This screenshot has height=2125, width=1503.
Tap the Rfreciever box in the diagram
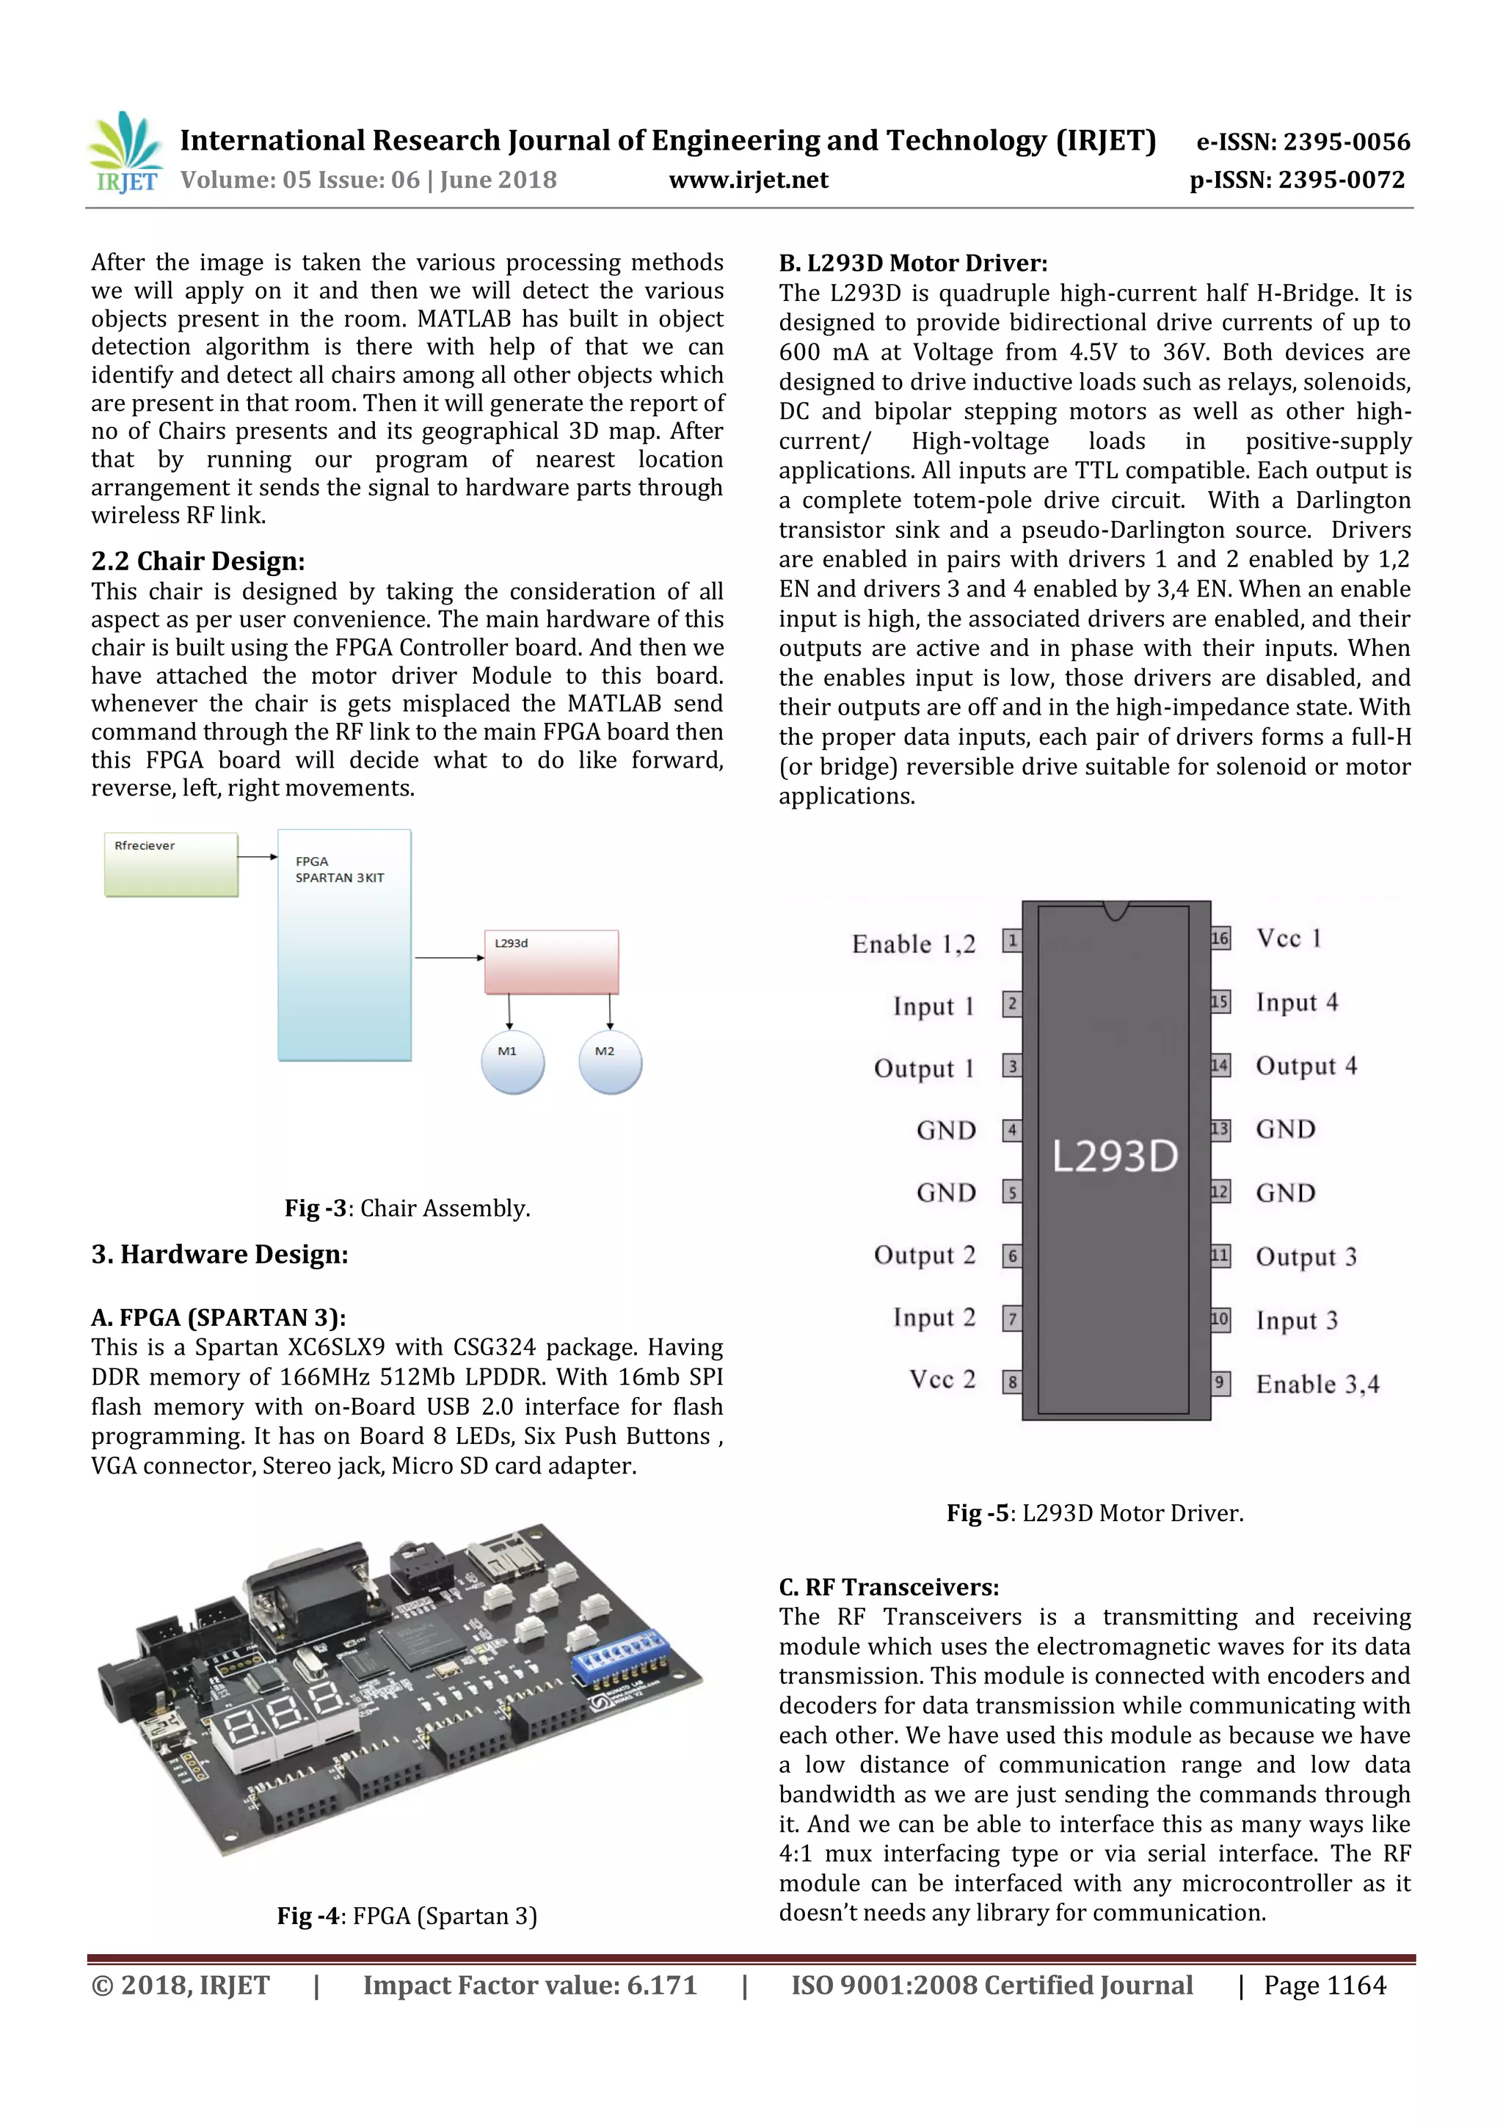(171, 864)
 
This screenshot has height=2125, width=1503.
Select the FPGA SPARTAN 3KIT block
(344, 944)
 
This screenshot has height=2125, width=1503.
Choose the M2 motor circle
(610, 1062)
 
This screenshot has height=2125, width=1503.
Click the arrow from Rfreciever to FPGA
(258, 857)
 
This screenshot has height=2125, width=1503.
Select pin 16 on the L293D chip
(1220, 938)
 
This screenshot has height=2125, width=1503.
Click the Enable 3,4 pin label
(1317, 1385)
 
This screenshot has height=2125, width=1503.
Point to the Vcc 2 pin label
(942, 1380)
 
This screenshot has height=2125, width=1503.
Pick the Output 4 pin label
(1306, 1066)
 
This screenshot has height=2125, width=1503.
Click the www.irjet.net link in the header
(749, 181)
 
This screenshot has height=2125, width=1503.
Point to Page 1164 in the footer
(1325, 1986)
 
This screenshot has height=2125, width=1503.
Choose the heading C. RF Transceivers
(889, 1587)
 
